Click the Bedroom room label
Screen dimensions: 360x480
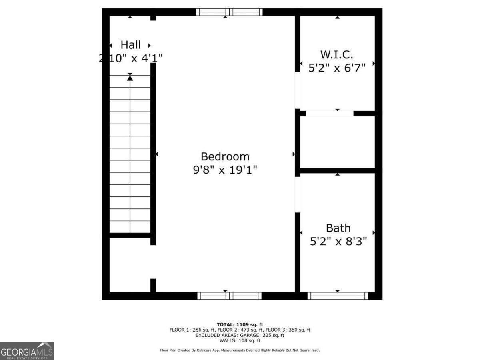[x=225, y=156]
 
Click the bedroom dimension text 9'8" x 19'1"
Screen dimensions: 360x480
[x=225, y=170]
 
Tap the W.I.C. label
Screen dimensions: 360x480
[x=337, y=54]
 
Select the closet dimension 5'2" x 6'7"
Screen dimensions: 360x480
[x=337, y=68]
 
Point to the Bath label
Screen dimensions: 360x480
[x=338, y=228]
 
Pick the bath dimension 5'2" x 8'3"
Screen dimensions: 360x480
[x=338, y=242]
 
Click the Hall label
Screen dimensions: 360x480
[x=131, y=44]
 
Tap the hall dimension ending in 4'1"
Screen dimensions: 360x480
[x=131, y=58]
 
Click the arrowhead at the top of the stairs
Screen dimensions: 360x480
[x=130, y=78]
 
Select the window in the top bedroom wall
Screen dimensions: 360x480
[x=229, y=12]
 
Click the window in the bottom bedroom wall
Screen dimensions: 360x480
[x=229, y=296]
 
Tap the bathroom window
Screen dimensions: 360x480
[x=338, y=296]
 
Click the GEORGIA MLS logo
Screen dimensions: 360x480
[x=27, y=351]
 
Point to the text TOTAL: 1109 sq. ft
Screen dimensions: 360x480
[x=240, y=324]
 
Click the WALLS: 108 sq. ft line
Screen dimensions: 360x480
[x=240, y=341]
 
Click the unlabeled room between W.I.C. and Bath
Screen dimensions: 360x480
[x=337, y=142]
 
